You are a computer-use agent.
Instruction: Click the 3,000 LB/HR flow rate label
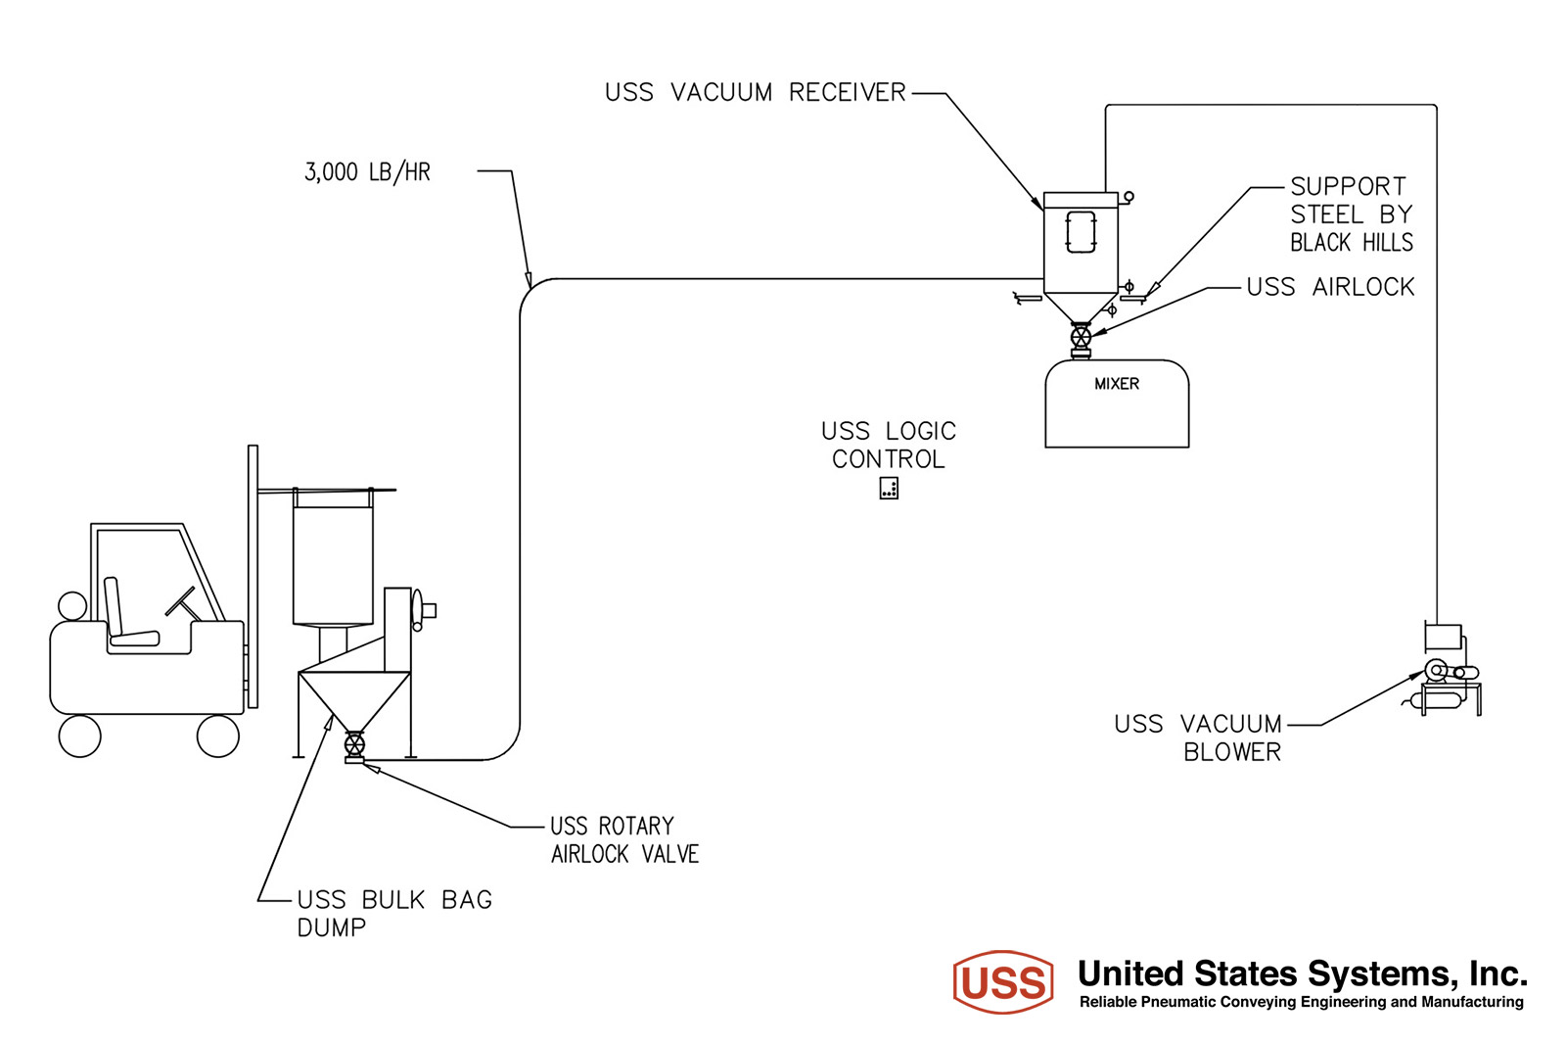[x=367, y=172]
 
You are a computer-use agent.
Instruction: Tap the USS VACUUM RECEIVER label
[x=755, y=92]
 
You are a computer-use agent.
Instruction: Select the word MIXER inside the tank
[x=1117, y=384]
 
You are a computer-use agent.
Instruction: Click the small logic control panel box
[x=889, y=488]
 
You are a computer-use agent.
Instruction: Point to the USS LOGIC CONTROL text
[x=889, y=445]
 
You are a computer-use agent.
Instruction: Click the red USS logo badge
[x=1003, y=981]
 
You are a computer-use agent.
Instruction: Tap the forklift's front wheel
[x=218, y=736]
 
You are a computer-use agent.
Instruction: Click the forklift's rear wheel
[x=79, y=736]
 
